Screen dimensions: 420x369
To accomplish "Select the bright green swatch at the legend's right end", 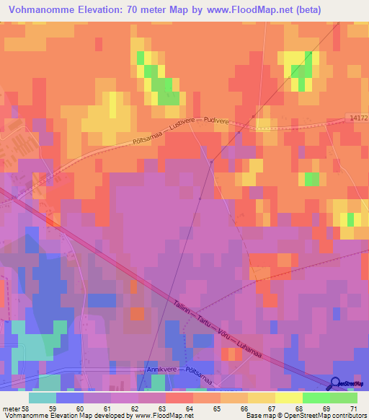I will point(344,397).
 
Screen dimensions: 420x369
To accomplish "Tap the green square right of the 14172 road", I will point(312,178).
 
